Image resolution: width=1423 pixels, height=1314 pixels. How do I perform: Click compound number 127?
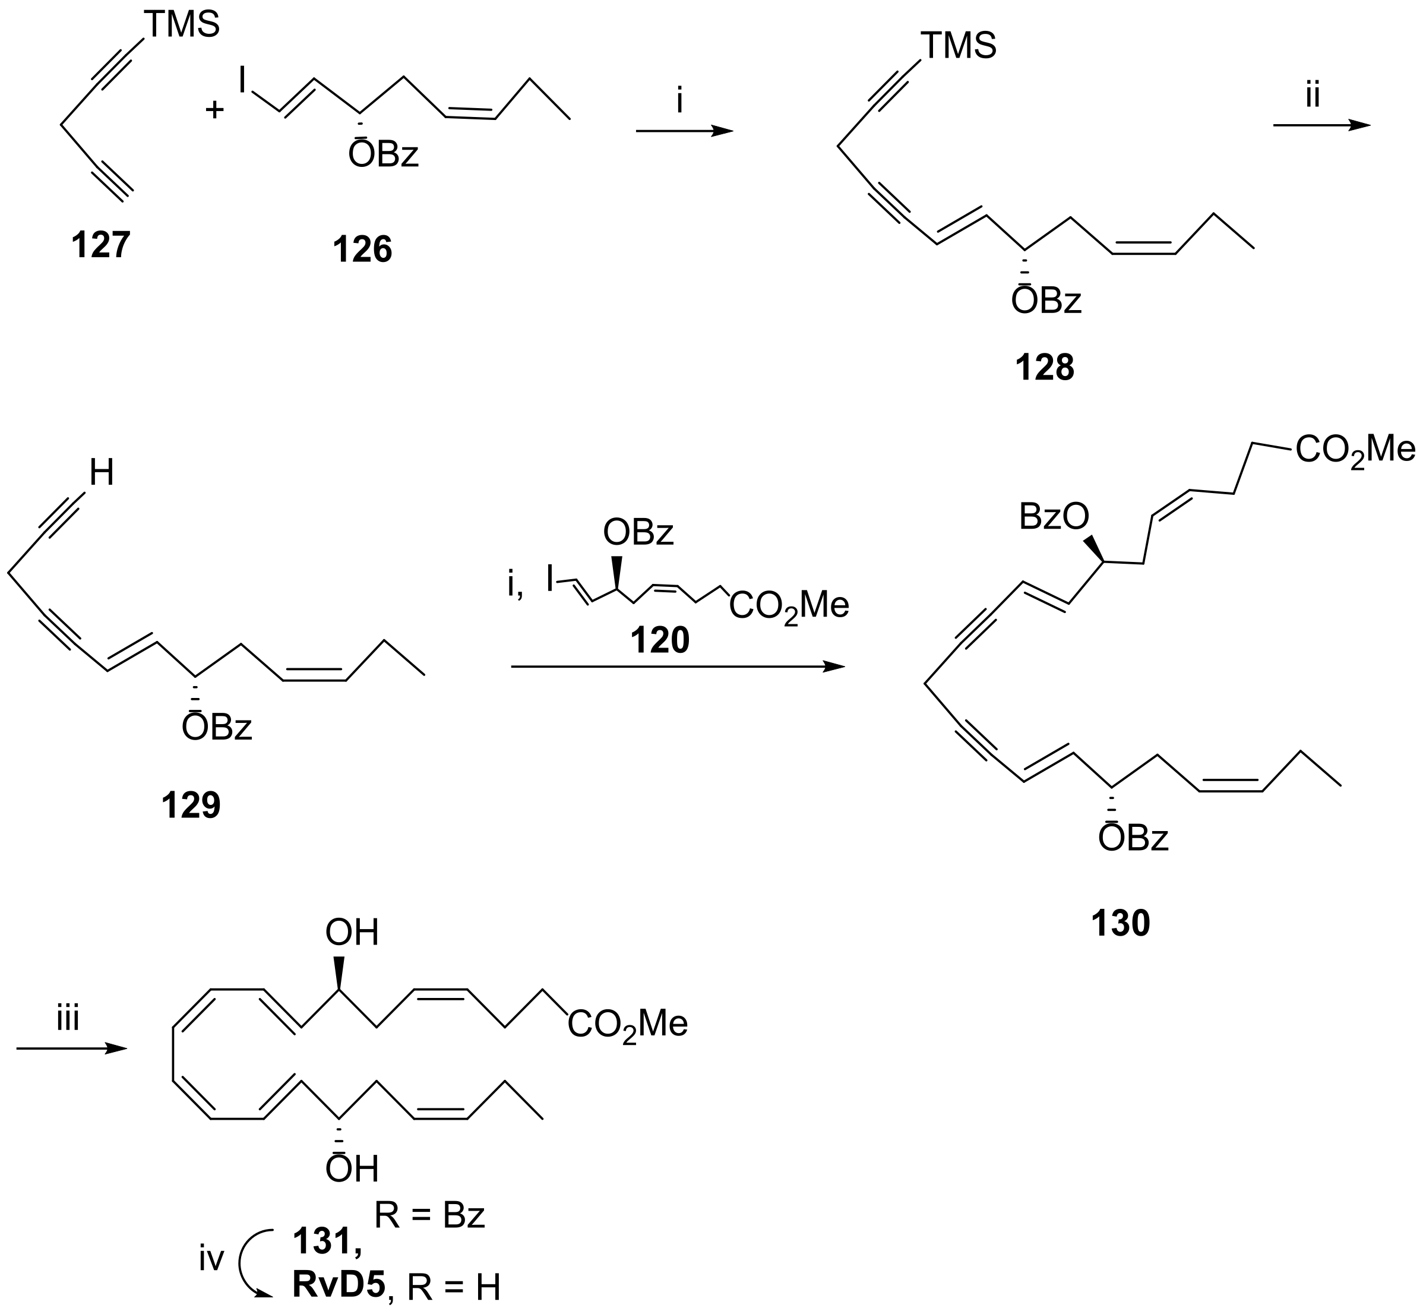(101, 245)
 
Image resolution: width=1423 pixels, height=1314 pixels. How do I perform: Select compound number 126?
(362, 250)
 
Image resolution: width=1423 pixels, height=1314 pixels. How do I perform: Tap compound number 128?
(1044, 368)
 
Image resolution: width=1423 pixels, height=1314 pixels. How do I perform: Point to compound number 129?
(191, 806)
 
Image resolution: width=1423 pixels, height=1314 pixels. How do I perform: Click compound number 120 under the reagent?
(660, 640)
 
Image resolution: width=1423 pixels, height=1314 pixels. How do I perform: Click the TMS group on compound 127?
(182, 26)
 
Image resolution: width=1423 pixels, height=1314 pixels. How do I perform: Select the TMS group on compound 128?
(958, 47)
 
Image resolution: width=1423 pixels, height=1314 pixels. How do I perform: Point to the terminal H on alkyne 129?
(102, 473)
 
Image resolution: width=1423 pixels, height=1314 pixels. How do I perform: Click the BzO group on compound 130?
(1054, 517)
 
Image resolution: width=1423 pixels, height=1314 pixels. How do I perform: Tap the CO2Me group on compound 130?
(1355, 451)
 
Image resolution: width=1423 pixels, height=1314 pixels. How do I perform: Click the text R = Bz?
(429, 1216)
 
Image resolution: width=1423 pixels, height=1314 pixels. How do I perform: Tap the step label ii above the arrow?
(1312, 96)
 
